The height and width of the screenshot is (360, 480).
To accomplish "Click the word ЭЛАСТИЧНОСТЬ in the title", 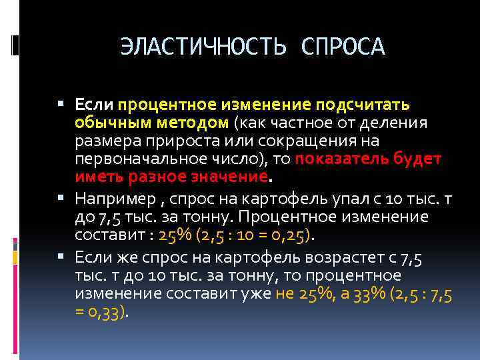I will [x=203, y=47].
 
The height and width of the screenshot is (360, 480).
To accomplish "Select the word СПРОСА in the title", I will [x=343, y=47].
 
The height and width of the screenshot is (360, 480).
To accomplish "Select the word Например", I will [x=117, y=198].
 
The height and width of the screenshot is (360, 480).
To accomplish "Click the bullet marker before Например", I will [x=61, y=198].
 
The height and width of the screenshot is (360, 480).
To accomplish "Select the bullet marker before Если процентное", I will [x=61, y=105].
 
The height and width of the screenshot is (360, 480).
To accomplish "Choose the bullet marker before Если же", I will [x=61, y=257].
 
